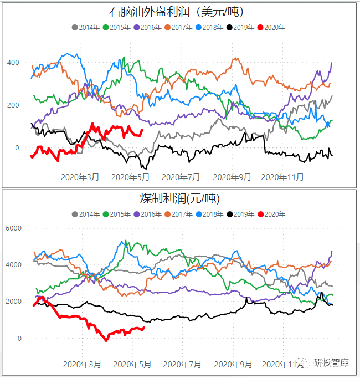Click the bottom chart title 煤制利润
pos(176,198)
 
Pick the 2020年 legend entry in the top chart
pos(275,27)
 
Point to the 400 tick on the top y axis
pos(13,62)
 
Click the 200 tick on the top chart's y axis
pos(13,105)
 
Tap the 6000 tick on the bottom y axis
pos(14,228)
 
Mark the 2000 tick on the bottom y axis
pos(14,302)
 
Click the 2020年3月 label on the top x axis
pos(81,177)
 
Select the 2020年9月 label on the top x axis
pos(233,177)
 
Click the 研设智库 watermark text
pos(331,363)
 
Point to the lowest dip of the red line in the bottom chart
pos(106,340)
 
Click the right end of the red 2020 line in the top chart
pos(142,130)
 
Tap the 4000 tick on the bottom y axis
pos(14,265)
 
